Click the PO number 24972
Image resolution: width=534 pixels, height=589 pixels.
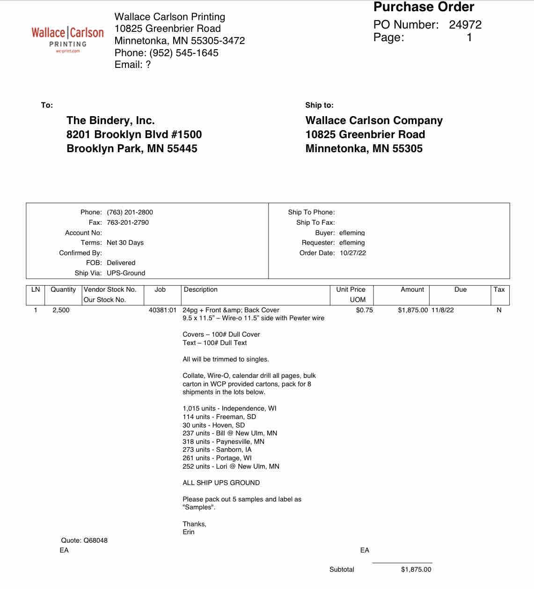point(465,25)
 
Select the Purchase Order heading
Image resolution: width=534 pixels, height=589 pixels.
point(424,7)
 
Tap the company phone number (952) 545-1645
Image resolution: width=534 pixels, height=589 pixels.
point(184,53)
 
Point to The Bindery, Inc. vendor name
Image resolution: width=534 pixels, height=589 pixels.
point(110,120)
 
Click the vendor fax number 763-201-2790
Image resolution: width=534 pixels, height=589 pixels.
point(128,222)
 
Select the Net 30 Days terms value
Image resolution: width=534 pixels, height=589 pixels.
point(125,243)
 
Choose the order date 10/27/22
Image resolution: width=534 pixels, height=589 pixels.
point(353,253)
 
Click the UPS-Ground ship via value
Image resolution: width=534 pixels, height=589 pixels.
point(126,273)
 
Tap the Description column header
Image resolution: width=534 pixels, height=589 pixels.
point(201,289)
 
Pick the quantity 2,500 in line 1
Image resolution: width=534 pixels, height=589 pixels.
point(61,310)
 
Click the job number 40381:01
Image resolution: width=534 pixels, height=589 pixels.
point(162,310)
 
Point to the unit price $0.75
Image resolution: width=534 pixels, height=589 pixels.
point(364,310)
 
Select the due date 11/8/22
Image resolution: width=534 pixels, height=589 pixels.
point(442,310)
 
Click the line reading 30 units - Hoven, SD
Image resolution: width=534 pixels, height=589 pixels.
point(213,425)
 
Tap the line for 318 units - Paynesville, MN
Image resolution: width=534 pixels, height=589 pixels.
point(223,442)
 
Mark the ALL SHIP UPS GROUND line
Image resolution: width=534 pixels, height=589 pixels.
point(221,483)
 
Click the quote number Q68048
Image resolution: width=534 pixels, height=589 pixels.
point(95,540)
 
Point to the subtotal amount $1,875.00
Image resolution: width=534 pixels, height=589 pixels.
point(416,569)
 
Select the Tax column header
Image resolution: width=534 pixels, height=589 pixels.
point(499,289)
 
